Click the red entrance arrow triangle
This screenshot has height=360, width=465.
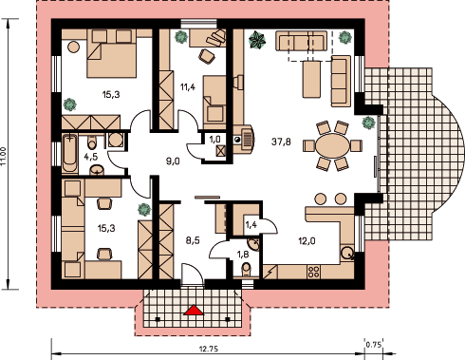194,311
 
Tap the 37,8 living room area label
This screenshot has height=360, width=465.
281,142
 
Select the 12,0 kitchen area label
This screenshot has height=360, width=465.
307,241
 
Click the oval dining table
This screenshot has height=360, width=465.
332,146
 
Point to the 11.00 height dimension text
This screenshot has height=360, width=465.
4,156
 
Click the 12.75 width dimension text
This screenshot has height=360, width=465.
209,349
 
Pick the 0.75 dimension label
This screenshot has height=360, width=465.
373,344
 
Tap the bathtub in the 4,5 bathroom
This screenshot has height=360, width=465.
69,153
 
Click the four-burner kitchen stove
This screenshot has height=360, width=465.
313,272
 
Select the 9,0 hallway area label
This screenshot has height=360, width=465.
173,161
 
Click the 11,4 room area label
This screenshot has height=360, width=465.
188,87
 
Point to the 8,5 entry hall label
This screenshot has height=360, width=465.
193,240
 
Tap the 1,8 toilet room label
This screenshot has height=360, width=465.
243,255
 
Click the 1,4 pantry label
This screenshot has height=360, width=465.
251,225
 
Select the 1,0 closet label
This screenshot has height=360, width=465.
214,140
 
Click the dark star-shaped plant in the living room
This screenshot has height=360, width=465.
257,40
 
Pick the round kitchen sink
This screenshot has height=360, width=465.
347,253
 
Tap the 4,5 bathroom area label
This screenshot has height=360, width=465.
91,157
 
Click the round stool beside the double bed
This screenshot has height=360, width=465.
73,47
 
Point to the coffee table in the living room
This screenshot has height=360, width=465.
311,79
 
